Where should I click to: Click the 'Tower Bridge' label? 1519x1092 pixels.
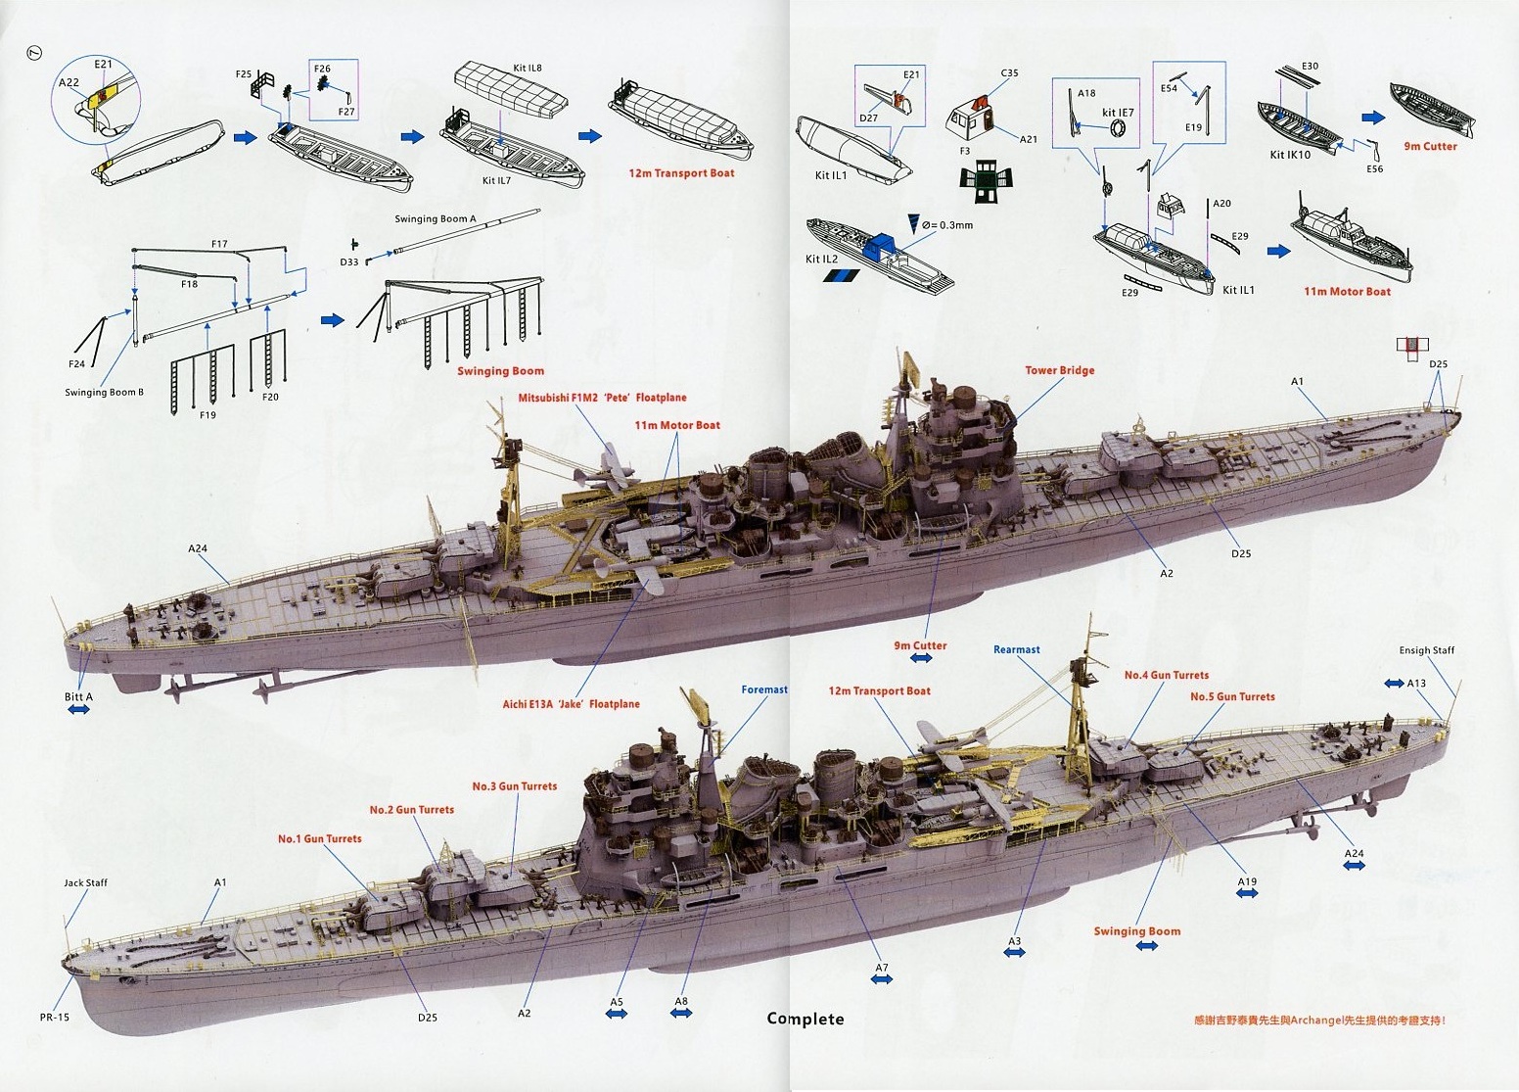(x=1059, y=370)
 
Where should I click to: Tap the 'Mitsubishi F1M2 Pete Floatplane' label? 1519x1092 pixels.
(x=602, y=398)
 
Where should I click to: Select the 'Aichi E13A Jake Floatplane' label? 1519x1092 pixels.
(x=572, y=704)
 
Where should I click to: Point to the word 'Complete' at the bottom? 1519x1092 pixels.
(x=805, y=1019)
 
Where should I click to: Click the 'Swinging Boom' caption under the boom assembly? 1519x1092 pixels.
(x=500, y=371)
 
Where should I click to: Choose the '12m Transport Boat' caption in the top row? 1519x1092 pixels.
(x=681, y=173)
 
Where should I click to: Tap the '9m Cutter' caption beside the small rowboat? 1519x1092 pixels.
(x=1430, y=147)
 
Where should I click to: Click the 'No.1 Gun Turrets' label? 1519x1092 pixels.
(x=319, y=838)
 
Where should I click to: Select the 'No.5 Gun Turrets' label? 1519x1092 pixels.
(x=1232, y=696)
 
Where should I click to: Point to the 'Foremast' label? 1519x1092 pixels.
(x=763, y=689)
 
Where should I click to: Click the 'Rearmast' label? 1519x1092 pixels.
(x=1016, y=649)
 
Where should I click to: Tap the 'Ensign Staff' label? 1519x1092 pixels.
(x=1426, y=650)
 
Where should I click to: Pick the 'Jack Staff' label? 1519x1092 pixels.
(x=86, y=882)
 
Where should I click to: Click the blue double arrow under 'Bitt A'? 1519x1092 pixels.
(x=77, y=709)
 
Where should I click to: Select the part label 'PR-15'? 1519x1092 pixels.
(x=55, y=1018)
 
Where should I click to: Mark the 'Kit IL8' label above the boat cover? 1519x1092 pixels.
(x=527, y=68)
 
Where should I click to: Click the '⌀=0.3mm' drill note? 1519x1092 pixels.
(x=948, y=225)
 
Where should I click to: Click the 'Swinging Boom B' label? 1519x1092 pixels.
(x=104, y=393)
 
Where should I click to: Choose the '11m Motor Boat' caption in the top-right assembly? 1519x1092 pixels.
(x=1347, y=292)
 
